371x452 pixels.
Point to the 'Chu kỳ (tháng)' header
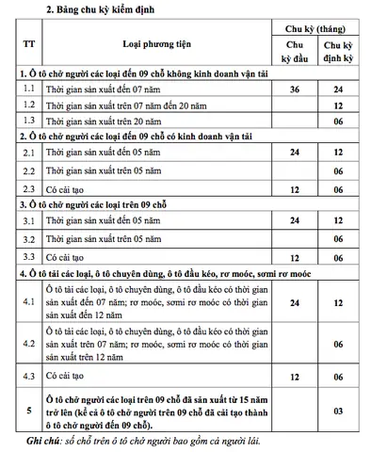[x=320, y=30]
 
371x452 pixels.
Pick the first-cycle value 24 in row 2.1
[x=294, y=152]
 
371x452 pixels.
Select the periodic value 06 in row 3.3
[x=343, y=257]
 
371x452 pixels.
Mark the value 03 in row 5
[x=343, y=411]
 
